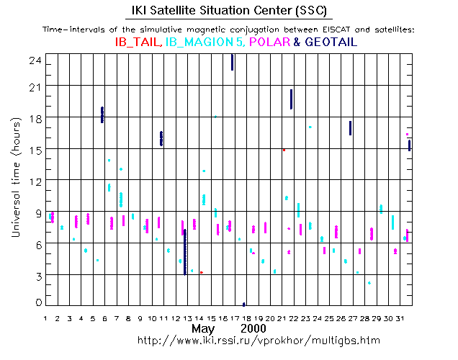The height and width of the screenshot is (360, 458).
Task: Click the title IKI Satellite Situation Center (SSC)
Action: [230, 11]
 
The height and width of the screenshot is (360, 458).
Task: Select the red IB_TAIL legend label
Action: [138, 42]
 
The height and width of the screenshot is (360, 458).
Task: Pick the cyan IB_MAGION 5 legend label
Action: [205, 42]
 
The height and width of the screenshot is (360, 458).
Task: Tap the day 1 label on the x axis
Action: [46, 318]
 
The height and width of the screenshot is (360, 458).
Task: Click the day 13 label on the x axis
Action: [188, 318]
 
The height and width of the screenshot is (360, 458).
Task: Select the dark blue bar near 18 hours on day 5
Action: [102, 114]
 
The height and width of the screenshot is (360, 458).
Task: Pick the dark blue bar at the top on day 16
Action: [232, 62]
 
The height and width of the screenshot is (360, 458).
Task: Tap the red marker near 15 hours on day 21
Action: [284, 150]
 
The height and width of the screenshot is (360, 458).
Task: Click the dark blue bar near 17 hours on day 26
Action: [350, 127]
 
